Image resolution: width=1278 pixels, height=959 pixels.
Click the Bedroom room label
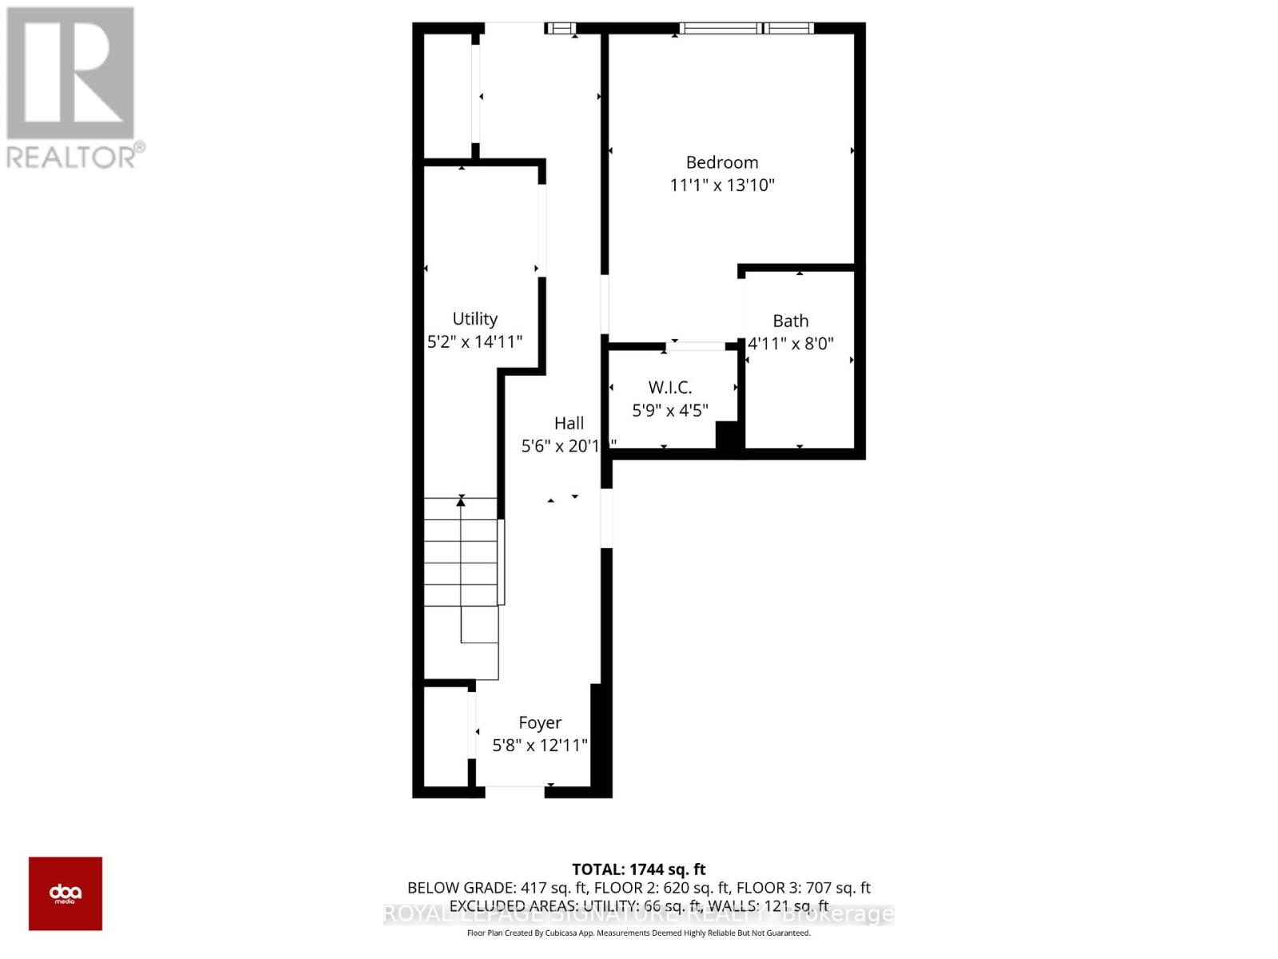[x=722, y=162]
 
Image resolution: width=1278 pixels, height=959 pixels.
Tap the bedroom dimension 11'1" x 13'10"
[x=722, y=185]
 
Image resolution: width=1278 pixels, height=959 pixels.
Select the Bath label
[x=791, y=320]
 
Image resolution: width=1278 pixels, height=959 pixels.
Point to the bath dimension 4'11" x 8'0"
[x=791, y=344]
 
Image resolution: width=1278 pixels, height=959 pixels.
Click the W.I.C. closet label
[x=670, y=388]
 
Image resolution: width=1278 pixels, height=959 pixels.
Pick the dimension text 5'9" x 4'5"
[x=670, y=411]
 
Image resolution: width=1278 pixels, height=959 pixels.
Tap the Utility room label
[x=475, y=319]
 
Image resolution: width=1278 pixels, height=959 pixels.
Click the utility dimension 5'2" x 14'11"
[x=475, y=342]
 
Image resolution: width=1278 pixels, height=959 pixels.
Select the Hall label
[x=569, y=424]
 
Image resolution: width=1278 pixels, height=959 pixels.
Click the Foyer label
[x=540, y=722]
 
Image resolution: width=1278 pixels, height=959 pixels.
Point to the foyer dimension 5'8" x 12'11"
[x=540, y=746]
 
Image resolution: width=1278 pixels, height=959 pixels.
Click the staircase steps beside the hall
[x=460, y=551]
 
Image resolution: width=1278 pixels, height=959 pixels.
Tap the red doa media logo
[x=65, y=893]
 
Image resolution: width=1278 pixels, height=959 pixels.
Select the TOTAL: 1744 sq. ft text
[x=639, y=869]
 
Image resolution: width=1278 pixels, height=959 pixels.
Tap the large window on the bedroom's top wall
[x=746, y=29]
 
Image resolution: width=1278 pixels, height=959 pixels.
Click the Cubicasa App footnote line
[x=639, y=933]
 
